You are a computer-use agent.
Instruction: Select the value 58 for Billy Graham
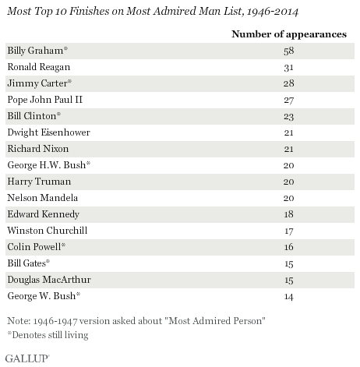point(289,51)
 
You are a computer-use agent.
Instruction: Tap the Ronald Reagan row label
point(39,67)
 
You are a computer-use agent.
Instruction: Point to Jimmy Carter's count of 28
point(289,83)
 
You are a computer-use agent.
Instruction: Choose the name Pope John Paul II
point(45,100)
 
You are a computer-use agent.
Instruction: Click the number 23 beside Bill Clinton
point(289,116)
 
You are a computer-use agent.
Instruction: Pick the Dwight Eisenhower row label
point(48,132)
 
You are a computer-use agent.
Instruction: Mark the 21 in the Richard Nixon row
point(289,149)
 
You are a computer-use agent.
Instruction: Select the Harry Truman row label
point(39,182)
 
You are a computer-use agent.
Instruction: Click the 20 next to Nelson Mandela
point(289,198)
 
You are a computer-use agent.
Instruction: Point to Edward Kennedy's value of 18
point(289,214)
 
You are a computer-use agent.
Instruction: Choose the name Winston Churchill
point(48,231)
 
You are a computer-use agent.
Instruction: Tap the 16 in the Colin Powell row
point(289,247)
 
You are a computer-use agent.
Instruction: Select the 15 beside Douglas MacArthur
point(289,280)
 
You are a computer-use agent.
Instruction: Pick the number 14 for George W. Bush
point(289,296)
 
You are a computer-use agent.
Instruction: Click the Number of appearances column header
point(289,34)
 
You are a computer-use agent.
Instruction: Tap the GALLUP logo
point(27,358)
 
